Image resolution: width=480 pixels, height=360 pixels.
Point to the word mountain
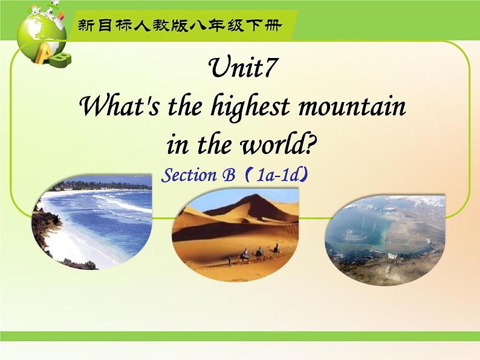[x=352, y=107]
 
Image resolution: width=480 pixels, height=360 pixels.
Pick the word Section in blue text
[x=189, y=175]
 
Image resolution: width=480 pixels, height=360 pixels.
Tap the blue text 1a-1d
[x=277, y=176]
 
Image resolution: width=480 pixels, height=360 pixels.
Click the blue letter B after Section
[x=229, y=176]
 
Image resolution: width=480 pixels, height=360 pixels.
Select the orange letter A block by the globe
[x=44, y=53]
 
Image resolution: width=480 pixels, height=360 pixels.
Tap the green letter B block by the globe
[x=60, y=59]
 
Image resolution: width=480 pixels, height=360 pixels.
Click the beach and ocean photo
[x=92, y=222]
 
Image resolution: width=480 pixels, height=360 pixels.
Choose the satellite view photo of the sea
[x=385, y=240]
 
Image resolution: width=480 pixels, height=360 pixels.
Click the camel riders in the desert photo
[x=254, y=254]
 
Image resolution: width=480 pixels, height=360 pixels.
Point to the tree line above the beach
[x=104, y=185]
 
